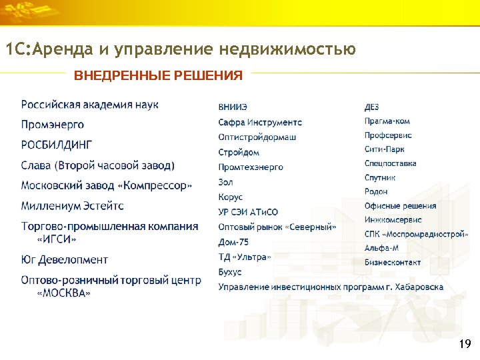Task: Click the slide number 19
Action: coord(465,344)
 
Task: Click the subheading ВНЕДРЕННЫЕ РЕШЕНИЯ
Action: coord(158,75)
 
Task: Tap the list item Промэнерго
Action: coord(53,125)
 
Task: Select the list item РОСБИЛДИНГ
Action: coord(57,145)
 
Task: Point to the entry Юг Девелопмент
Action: coord(64,259)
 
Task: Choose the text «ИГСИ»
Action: coord(57,239)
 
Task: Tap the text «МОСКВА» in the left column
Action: coord(64,293)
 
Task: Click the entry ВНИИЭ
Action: coord(233,107)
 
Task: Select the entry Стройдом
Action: coord(239,152)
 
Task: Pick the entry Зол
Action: coord(225,182)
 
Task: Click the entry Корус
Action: coord(230,197)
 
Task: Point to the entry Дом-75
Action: coord(233,242)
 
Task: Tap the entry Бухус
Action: coord(230,272)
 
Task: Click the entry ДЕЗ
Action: coord(372,107)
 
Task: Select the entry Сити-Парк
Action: coord(385,149)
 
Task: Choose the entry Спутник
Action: coord(380,177)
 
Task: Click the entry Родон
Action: coord(376,191)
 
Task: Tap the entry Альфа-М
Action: coord(382,248)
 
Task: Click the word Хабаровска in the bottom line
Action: coord(418,287)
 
